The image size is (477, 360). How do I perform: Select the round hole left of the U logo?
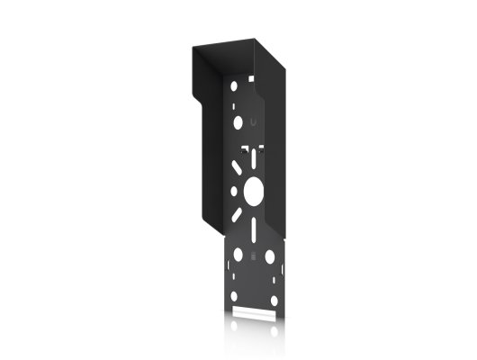[x=238, y=120]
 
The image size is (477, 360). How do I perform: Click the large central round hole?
[x=253, y=190]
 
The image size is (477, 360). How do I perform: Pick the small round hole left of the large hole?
[x=235, y=191]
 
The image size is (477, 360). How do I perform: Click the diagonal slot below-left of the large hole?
[x=237, y=216]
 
